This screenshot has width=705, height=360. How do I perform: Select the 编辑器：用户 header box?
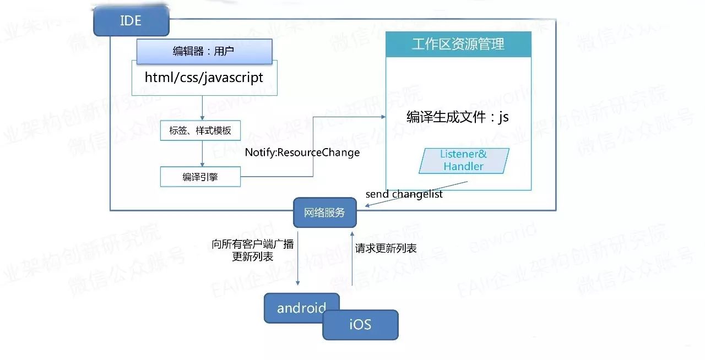(x=204, y=52)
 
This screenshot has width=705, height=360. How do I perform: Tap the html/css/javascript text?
(x=204, y=78)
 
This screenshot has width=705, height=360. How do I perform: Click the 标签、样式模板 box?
(x=200, y=132)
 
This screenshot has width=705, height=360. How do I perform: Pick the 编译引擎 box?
(x=200, y=177)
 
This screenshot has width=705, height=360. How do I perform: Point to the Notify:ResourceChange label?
(x=302, y=152)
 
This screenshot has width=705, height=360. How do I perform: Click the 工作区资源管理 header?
(x=458, y=45)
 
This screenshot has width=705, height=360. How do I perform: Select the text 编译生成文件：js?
(x=457, y=117)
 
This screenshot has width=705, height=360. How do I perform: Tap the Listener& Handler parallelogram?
(x=463, y=160)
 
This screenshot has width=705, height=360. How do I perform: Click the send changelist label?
(x=404, y=194)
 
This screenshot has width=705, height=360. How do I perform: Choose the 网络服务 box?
(x=324, y=212)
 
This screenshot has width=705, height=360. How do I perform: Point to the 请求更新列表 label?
(x=386, y=248)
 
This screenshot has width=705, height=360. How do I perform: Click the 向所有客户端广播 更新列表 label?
(x=252, y=250)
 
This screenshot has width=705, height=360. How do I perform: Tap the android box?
(x=301, y=308)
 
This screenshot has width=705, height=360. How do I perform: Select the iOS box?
(x=360, y=325)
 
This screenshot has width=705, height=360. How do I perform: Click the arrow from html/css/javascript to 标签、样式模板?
(x=203, y=108)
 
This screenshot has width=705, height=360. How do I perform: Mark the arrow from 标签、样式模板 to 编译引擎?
(x=203, y=154)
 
